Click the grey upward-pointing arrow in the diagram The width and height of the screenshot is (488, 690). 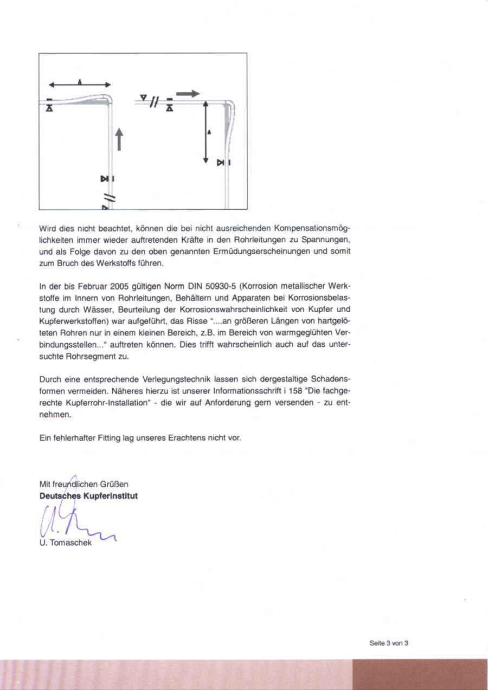click(119, 139)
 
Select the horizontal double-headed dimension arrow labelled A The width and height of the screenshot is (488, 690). click(80, 85)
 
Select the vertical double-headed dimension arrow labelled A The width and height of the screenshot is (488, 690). click(206, 132)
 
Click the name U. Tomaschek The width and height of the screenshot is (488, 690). click(66, 543)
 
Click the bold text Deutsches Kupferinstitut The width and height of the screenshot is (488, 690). click(88, 495)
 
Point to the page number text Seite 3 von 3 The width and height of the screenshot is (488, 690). click(388, 643)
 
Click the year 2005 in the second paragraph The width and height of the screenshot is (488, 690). click(119, 286)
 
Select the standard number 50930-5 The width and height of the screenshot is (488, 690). click(219, 286)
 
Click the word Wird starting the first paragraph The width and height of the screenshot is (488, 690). click(48, 228)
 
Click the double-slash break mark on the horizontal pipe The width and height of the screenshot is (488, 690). click(154, 101)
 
